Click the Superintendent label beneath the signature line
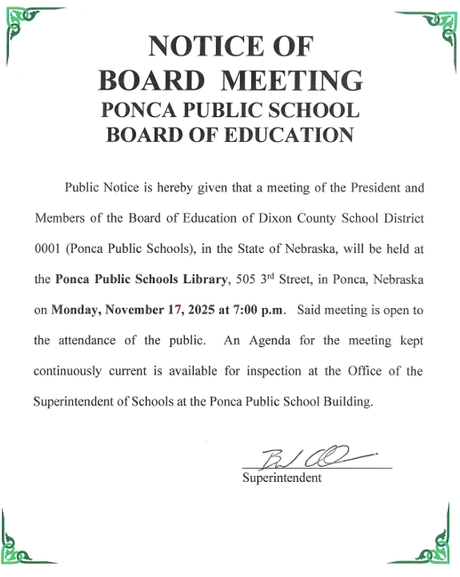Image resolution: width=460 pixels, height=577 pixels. point(282,478)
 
